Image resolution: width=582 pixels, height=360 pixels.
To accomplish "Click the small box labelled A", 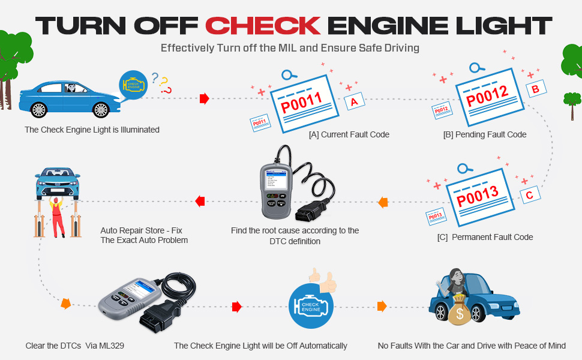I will [x=354, y=102].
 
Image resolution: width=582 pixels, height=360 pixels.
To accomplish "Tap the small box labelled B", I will [x=535, y=89].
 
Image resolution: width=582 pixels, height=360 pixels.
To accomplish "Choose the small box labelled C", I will [x=529, y=194].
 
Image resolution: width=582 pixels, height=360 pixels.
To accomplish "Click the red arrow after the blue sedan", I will [x=204, y=98].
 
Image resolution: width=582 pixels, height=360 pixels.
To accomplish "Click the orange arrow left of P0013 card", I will [x=382, y=203].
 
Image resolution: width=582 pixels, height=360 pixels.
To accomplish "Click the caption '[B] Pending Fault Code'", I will [x=484, y=135].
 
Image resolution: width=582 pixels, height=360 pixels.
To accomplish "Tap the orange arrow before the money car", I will [x=382, y=307].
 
